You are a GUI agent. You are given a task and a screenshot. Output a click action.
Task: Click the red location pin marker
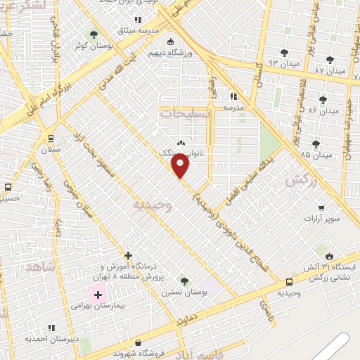tap(181, 166)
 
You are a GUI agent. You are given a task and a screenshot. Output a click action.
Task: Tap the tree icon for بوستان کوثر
tap(94, 34)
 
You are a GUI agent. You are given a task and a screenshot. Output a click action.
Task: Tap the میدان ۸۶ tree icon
tap(323, 100)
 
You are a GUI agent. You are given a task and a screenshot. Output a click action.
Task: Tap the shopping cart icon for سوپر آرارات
tap(321, 207)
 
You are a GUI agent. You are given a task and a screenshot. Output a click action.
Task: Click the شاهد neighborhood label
tap(39, 268)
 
